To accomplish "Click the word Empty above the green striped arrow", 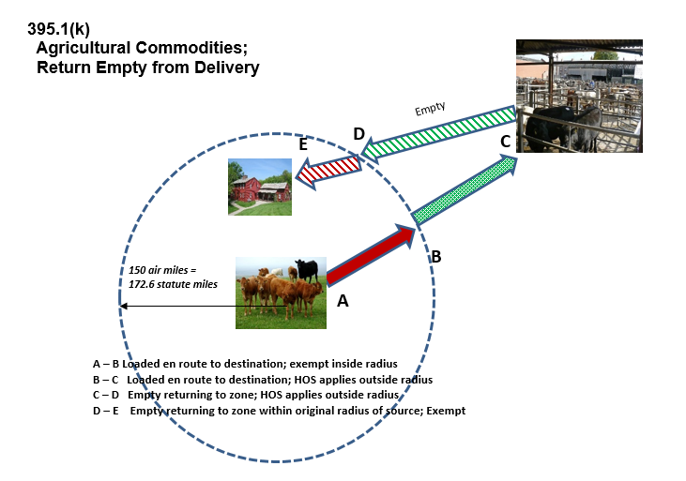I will click(x=431, y=109).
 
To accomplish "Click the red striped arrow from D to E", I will click(x=330, y=170).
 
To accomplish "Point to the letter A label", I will click(x=343, y=301).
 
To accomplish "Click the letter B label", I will click(x=435, y=255).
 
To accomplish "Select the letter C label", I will click(x=505, y=143).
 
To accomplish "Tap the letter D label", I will click(x=358, y=134).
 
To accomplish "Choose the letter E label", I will click(x=303, y=145).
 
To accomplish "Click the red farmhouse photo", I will click(x=260, y=187).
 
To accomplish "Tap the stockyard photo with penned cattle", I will click(x=579, y=96).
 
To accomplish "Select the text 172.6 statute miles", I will click(x=173, y=284).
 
